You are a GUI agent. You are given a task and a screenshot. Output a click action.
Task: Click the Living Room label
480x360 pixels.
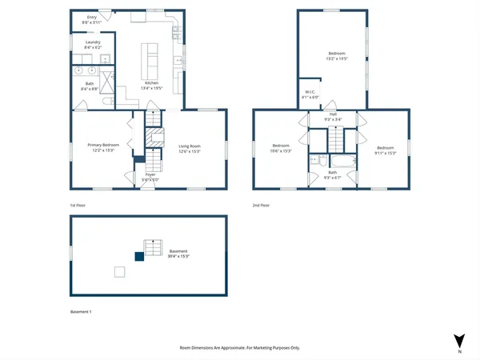189,145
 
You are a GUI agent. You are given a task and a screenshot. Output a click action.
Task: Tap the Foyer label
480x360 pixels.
150,174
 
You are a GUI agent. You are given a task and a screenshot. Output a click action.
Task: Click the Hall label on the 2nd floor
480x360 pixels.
332,114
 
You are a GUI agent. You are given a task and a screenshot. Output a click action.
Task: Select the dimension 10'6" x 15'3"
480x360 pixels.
280,151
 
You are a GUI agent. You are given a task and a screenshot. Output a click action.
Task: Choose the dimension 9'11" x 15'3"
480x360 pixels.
386,151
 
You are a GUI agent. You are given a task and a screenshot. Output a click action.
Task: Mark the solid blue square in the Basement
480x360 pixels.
138,256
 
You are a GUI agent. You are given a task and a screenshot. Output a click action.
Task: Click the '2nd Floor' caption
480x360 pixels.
261,206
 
